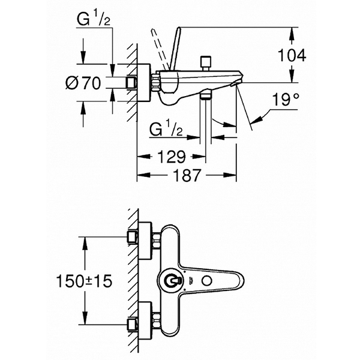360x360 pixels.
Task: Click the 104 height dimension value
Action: [x=293, y=55]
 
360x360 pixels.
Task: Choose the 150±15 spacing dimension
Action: [x=85, y=281]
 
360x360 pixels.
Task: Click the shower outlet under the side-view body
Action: [x=205, y=97]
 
